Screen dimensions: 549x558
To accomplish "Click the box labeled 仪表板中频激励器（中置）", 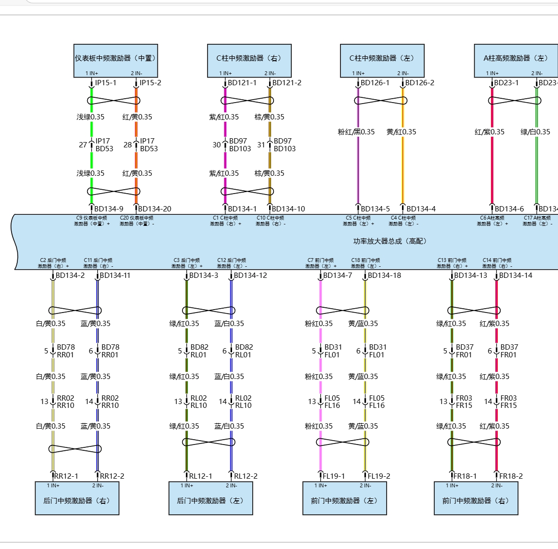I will [116, 58].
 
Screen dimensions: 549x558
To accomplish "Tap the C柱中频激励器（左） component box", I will [382, 58].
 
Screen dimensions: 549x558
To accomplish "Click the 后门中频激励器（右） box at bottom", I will [77, 501].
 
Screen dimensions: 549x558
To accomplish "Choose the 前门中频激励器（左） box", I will [344, 501].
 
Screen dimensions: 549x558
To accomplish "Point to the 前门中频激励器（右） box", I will [476, 501].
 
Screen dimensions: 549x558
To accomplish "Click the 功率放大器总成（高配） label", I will [390, 241].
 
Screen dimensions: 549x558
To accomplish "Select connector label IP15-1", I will [105, 83].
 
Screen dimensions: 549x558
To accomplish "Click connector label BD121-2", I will [287, 83].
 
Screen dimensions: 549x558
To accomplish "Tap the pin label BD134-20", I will [155, 209].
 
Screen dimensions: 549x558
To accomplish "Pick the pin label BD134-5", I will [375, 209].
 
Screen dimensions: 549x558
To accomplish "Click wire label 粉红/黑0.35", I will [356, 132].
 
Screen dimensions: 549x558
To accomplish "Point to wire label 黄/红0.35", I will [402, 132].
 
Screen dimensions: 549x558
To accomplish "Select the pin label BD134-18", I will [384, 275].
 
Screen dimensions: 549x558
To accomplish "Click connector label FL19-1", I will [334, 476].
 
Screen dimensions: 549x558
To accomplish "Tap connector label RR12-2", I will [112, 476].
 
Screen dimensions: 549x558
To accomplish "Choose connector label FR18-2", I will [511, 476].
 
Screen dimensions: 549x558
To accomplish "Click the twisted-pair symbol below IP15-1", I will [114, 101].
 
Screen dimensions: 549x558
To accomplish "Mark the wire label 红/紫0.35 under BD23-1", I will [490, 132].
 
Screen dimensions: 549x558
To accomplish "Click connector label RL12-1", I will [200, 476].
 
